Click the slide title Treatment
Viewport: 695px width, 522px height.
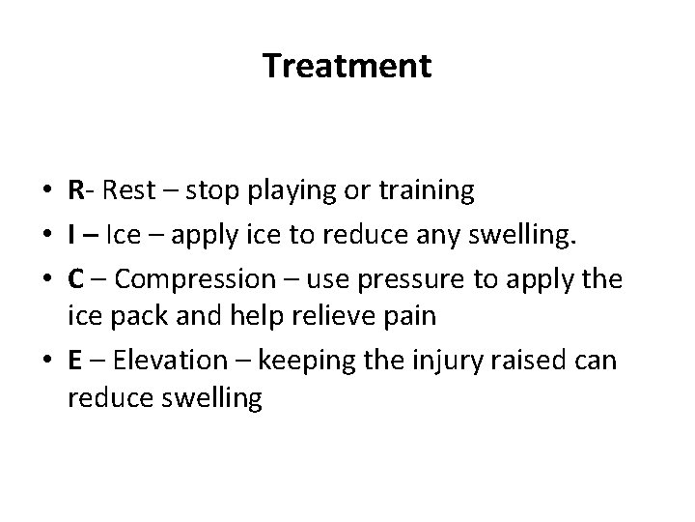[x=347, y=67]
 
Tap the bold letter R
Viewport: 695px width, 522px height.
[x=75, y=191]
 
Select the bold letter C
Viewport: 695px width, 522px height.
[x=75, y=279]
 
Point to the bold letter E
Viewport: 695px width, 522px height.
[x=74, y=362]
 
